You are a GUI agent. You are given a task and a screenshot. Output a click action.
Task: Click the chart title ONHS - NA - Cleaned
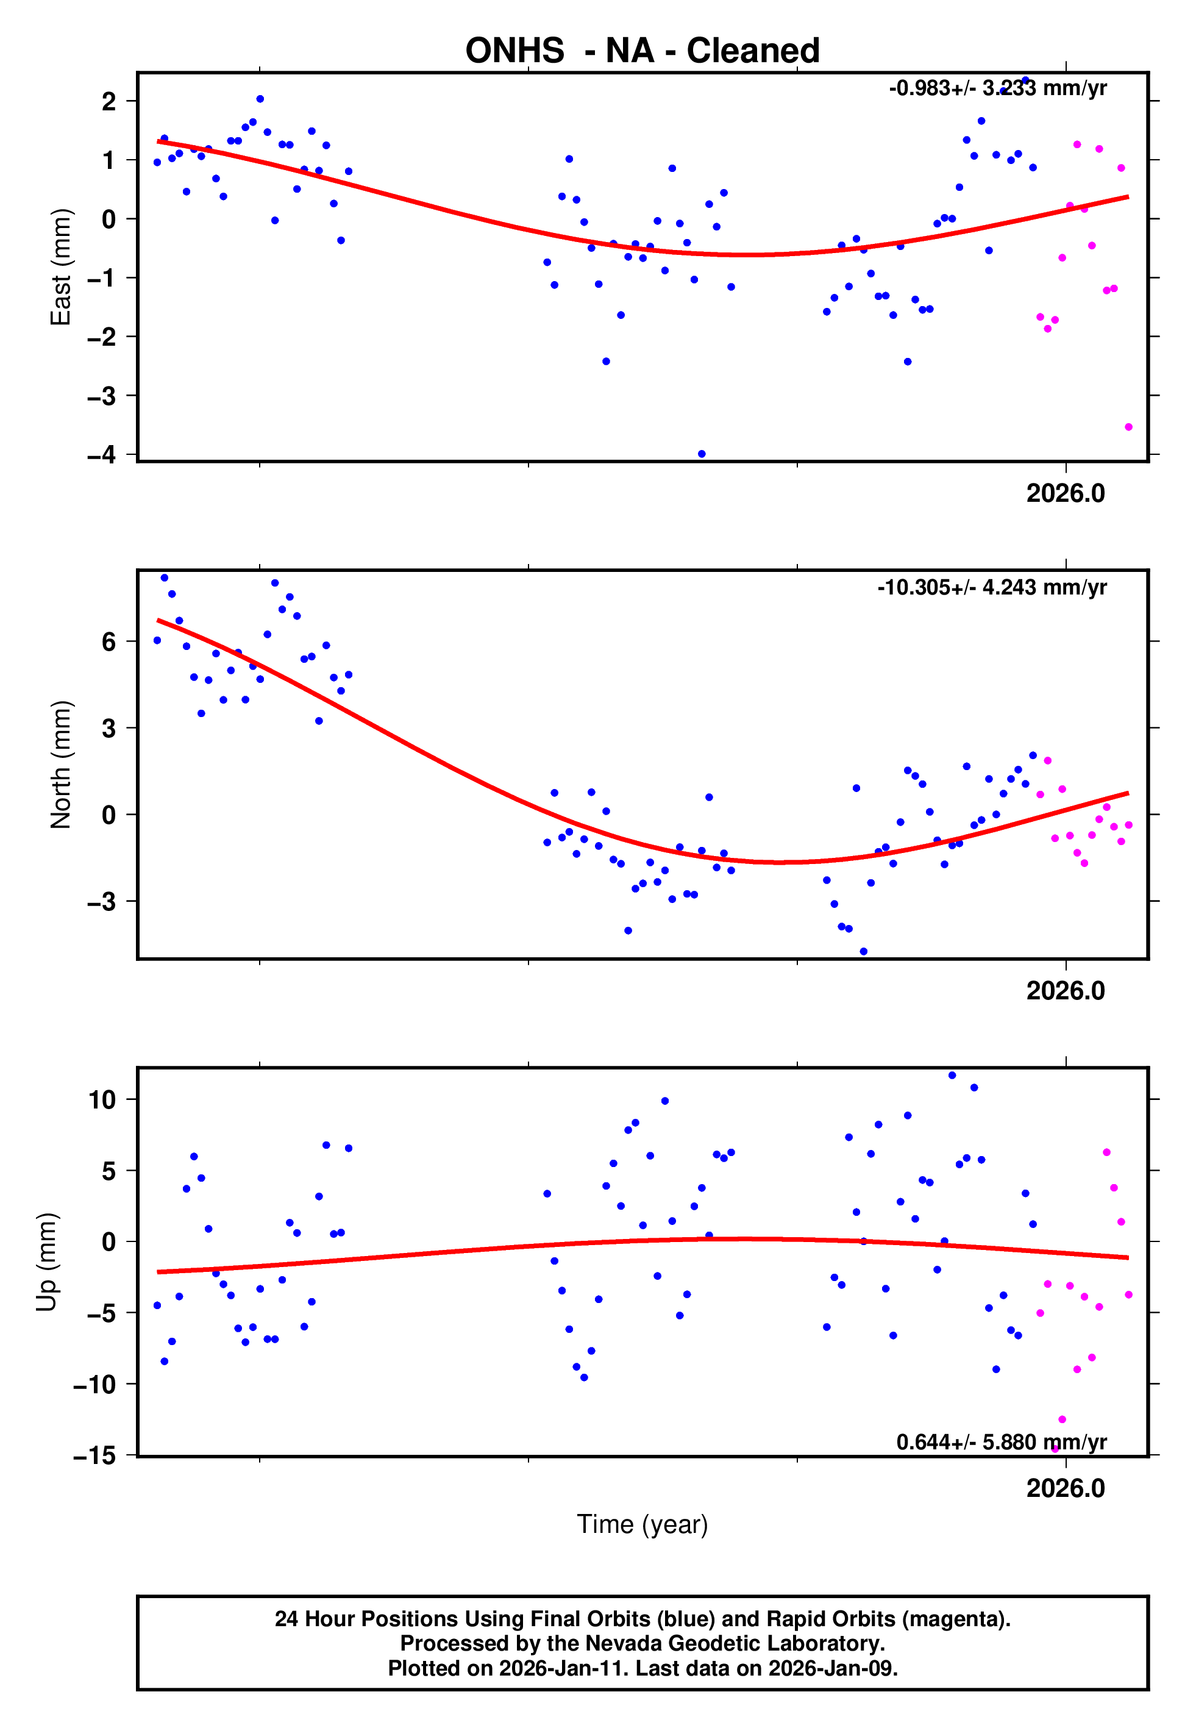pos(642,51)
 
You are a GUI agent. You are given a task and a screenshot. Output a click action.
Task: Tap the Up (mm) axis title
pos(46,1262)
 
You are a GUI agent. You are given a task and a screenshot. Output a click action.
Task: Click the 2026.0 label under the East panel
pos(1065,494)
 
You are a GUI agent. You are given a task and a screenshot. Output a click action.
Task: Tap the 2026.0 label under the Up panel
pos(1065,1488)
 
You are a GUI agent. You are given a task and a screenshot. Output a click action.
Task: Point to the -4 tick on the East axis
pos(102,455)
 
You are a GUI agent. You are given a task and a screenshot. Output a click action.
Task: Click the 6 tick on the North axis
pos(109,641)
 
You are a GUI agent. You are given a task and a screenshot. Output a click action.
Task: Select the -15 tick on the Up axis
pos(95,1456)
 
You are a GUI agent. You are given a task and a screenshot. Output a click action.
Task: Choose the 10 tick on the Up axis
pos(102,1100)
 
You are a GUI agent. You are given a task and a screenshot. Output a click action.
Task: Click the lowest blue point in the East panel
pos(702,454)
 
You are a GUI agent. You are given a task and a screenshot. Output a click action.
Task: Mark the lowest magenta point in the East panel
pos(1128,427)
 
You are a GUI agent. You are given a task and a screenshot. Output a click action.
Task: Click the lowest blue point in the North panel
pos(863,952)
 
